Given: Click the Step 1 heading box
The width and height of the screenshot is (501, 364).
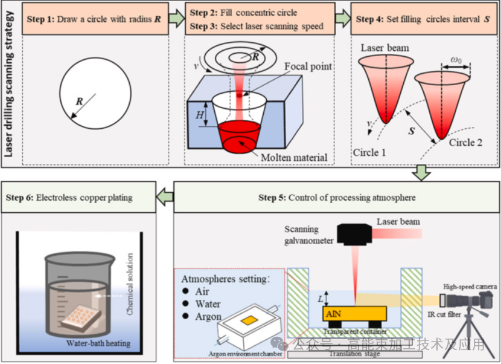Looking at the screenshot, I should [94, 19].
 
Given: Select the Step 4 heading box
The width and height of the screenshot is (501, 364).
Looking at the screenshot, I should [423, 19].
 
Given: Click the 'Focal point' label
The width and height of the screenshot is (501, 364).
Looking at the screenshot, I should [308, 66].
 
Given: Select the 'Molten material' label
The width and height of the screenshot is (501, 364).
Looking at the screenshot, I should [294, 158].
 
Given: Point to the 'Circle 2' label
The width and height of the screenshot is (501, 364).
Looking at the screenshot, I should [466, 143].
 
